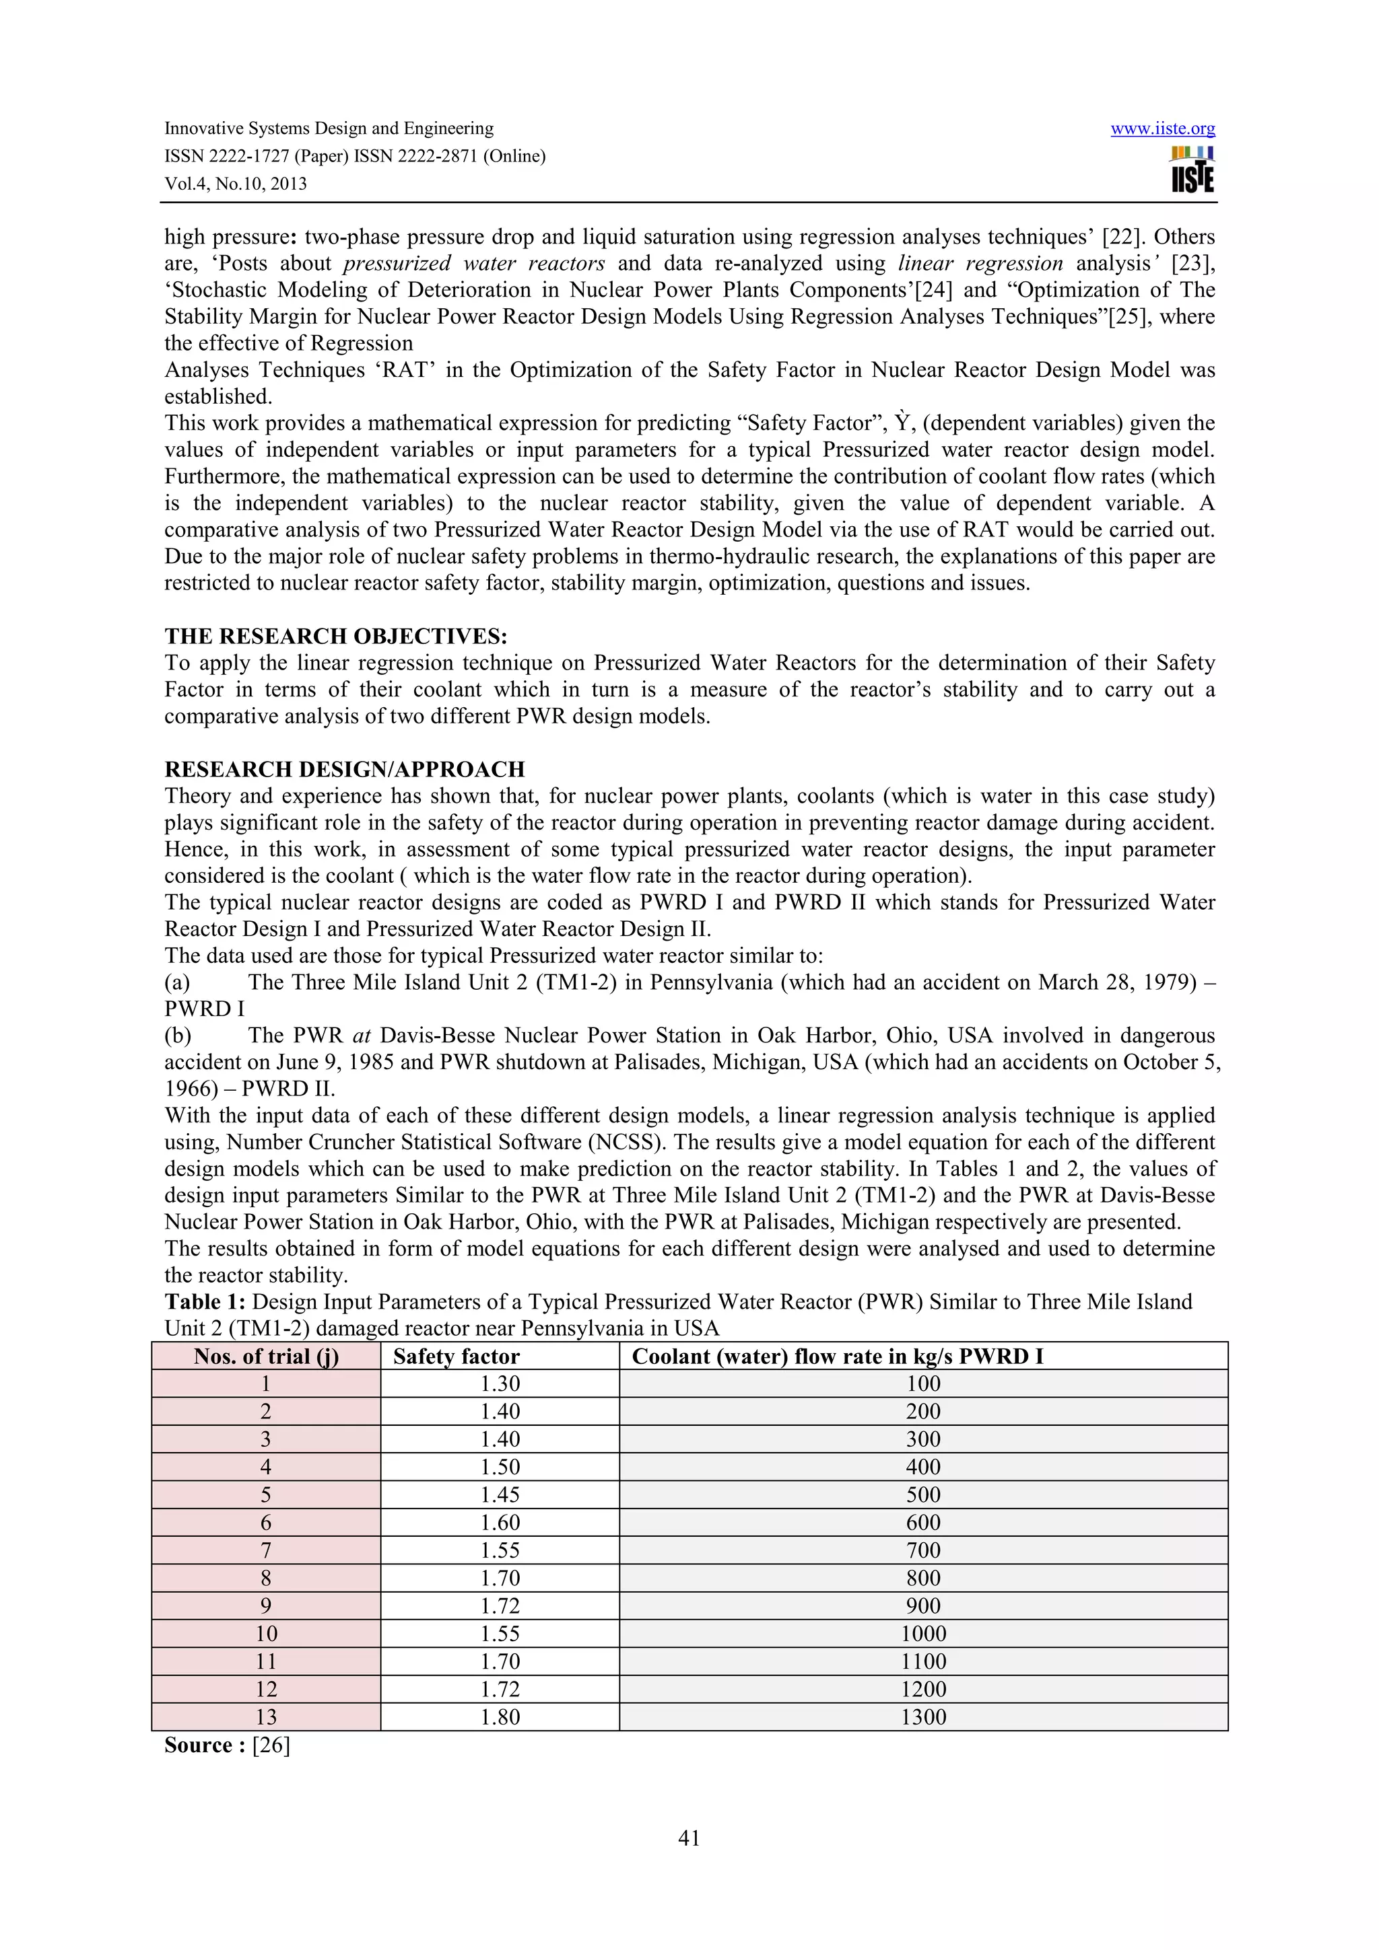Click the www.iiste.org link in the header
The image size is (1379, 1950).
(x=1162, y=129)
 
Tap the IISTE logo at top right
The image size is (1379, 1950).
(x=1192, y=170)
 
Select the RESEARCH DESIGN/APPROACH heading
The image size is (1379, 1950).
(x=344, y=770)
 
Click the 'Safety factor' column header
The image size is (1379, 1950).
(x=457, y=1357)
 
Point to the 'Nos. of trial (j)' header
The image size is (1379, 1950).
(x=266, y=1357)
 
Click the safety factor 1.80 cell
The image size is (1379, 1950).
(x=500, y=1717)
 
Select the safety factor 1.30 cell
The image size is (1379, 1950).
(x=500, y=1383)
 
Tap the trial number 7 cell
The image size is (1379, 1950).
(x=266, y=1550)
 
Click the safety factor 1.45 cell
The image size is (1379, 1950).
(x=500, y=1494)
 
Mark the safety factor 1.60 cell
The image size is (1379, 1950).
(x=500, y=1523)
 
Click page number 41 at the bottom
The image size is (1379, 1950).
(x=689, y=1839)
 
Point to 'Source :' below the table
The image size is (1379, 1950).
(x=205, y=1745)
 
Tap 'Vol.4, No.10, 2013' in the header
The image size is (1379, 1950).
(x=236, y=184)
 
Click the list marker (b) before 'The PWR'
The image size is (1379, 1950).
(x=178, y=1036)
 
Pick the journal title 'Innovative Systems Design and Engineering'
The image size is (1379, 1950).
(x=328, y=129)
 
